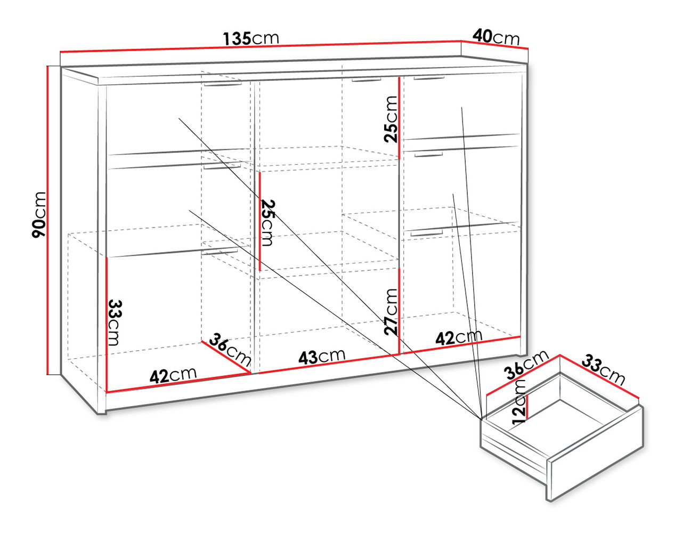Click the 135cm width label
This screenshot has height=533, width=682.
pyautogui.click(x=251, y=38)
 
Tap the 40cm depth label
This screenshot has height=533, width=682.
pyautogui.click(x=496, y=37)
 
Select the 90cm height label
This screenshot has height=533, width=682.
pyautogui.click(x=39, y=214)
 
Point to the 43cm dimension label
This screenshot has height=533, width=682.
pyautogui.click(x=322, y=356)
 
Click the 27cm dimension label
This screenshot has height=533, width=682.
pyautogui.click(x=391, y=312)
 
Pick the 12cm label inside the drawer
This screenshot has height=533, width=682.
pyautogui.click(x=518, y=401)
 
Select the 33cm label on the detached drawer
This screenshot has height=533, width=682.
pyautogui.click(x=603, y=369)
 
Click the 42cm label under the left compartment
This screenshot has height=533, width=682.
pyautogui.click(x=173, y=375)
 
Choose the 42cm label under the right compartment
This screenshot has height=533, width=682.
pyautogui.click(x=459, y=337)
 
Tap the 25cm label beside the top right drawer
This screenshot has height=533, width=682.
pyautogui.click(x=391, y=119)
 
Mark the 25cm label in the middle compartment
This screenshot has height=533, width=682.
pyautogui.click(x=267, y=223)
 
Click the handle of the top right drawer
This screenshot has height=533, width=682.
pyautogui.click(x=429, y=78)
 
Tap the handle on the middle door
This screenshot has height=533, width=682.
pyautogui.click(x=366, y=80)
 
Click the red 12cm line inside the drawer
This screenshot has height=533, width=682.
pyautogui.click(x=528, y=407)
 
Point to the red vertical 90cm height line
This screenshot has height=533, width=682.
pyautogui.click(x=47, y=220)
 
